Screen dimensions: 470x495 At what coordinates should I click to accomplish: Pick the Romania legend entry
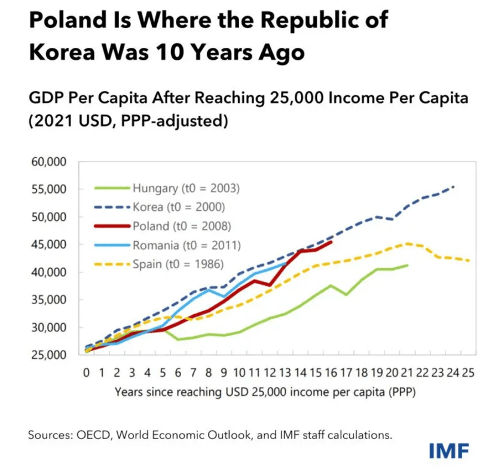tap(185, 244)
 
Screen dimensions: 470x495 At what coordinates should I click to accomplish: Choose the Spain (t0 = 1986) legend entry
tap(179, 263)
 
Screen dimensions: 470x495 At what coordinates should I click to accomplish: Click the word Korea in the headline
tap(60, 53)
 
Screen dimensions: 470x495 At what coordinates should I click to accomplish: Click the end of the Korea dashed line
tap(454, 186)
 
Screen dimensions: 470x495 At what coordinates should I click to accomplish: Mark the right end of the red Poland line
tap(332, 242)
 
